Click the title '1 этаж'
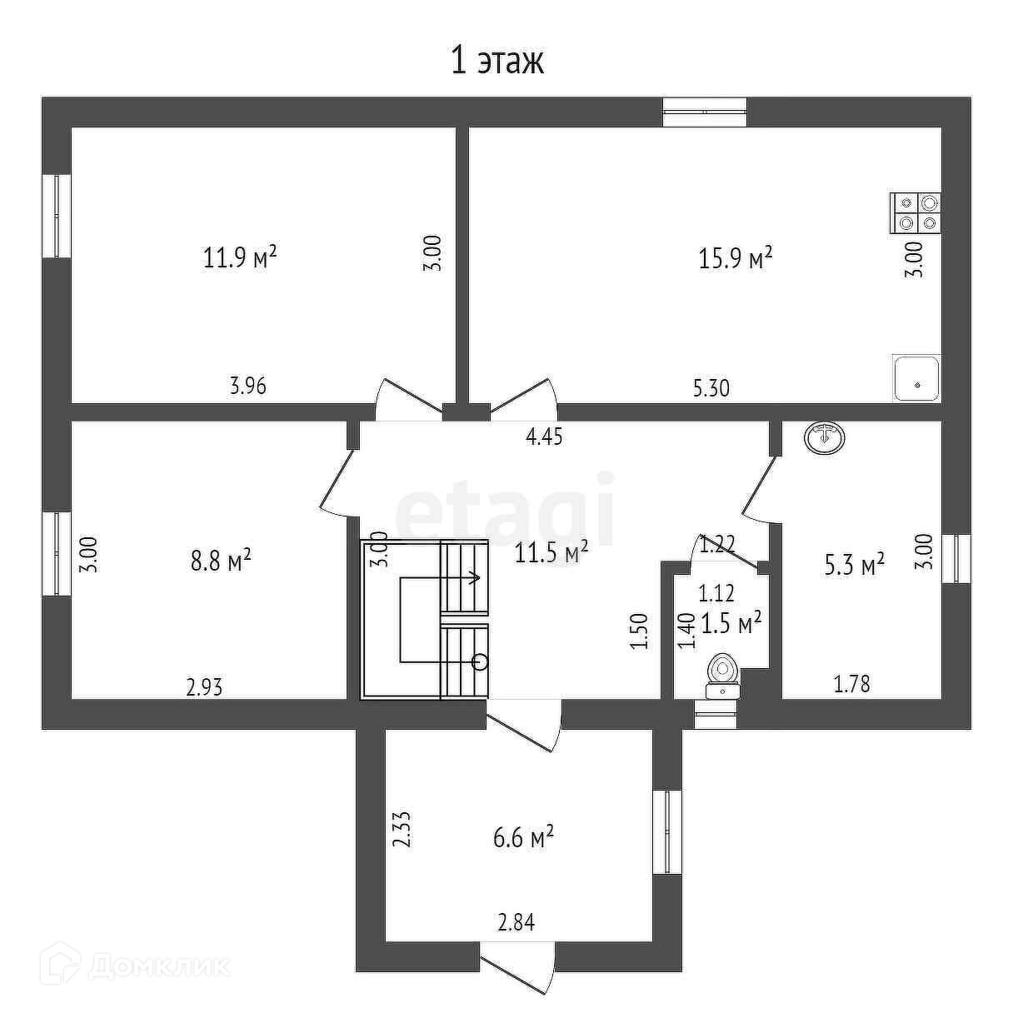tap(497, 61)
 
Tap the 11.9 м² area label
tap(240, 257)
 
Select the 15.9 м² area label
tap(735, 258)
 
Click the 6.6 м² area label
tap(524, 837)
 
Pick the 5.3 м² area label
tap(854, 566)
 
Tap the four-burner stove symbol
tap(916, 212)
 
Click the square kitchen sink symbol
tap(916, 377)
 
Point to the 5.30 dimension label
tap(711, 387)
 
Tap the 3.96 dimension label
tap(248, 386)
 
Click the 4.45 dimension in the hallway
tap(545, 437)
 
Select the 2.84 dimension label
tap(516, 922)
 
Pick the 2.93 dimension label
tap(204, 687)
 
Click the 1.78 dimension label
tap(852, 685)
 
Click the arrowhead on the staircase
tap(476, 576)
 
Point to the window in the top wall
tap(705, 112)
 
